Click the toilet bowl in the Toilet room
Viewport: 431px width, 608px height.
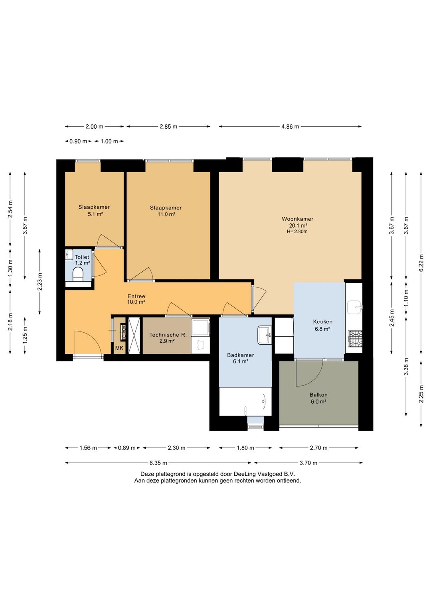pos(78,274)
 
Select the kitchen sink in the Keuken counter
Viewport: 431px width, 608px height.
pos(355,307)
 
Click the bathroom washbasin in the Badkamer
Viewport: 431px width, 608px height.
pos(265,335)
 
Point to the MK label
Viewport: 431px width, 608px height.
pos(119,348)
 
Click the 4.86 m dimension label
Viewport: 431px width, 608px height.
pos(290,126)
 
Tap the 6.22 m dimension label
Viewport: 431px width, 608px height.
pos(421,263)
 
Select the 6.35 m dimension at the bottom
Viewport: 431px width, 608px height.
pos(158,463)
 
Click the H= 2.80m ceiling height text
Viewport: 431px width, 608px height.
pos(297,231)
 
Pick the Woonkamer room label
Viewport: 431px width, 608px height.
pos(297,219)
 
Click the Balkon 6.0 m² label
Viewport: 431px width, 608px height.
pos(318,398)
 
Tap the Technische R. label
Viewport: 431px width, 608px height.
pos(168,335)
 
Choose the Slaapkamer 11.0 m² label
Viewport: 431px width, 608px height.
pos(166,211)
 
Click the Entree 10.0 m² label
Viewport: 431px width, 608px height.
pos(136,299)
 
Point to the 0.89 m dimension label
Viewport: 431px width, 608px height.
pos(127,448)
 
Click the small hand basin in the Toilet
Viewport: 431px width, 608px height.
pos(69,255)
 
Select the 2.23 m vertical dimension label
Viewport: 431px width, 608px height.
pos(40,282)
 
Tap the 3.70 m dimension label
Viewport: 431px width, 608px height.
pos(308,463)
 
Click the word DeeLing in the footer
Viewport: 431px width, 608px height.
pos(244,474)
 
